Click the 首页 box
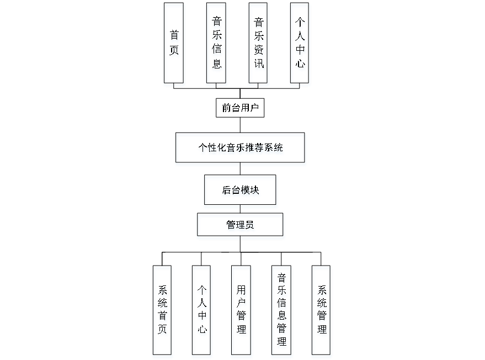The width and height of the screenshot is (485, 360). (x=174, y=45)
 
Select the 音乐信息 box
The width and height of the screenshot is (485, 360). (x=217, y=45)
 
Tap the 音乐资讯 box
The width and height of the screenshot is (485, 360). (x=259, y=45)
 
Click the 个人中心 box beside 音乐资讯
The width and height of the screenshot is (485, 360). (x=300, y=45)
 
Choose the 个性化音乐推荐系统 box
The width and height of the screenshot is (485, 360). (x=241, y=149)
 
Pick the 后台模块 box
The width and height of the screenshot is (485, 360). (x=241, y=192)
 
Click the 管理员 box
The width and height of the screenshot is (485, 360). (x=241, y=226)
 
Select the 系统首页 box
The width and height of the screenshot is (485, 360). (x=163, y=311)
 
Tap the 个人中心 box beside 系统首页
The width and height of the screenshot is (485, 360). (x=202, y=311)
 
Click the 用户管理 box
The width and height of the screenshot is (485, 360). (x=242, y=311)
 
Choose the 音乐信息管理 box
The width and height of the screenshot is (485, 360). (x=282, y=311)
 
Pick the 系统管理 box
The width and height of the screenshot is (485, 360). (x=322, y=311)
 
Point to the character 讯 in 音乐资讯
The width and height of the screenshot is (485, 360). (x=259, y=64)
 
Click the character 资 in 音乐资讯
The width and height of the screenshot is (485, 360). (x=259, y=51)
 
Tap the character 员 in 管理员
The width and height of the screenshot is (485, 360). (x=251, y=226)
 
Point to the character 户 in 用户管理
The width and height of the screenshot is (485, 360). (x=242, y=304)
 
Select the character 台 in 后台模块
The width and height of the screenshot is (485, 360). (x=236, y=192)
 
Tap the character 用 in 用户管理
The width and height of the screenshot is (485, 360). (x=242, y=291)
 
